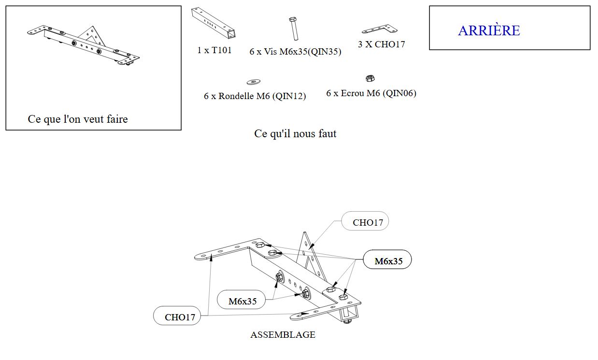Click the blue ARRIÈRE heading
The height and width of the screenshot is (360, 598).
tap(489, 30)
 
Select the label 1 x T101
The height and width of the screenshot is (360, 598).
tap(214, 50)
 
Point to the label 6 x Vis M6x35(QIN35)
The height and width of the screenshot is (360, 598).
tap(295, 51)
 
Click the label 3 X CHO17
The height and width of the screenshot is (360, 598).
tap(381, 44)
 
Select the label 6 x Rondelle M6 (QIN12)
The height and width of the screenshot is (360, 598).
tap(255, 96)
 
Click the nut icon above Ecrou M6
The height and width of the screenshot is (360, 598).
tap(370, 78)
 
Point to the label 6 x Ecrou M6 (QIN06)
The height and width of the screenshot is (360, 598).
tap(371, 93)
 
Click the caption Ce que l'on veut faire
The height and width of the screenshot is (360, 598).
tap(78, 119)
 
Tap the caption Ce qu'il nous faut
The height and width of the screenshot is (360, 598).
tap(295, 133)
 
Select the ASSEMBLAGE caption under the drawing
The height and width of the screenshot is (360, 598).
tap(283, 334)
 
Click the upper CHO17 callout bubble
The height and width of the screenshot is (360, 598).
tap(365, 222)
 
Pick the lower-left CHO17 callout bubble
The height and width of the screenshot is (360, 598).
tap(177, 317)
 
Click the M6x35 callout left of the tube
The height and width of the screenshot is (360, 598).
tap(242, 301)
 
